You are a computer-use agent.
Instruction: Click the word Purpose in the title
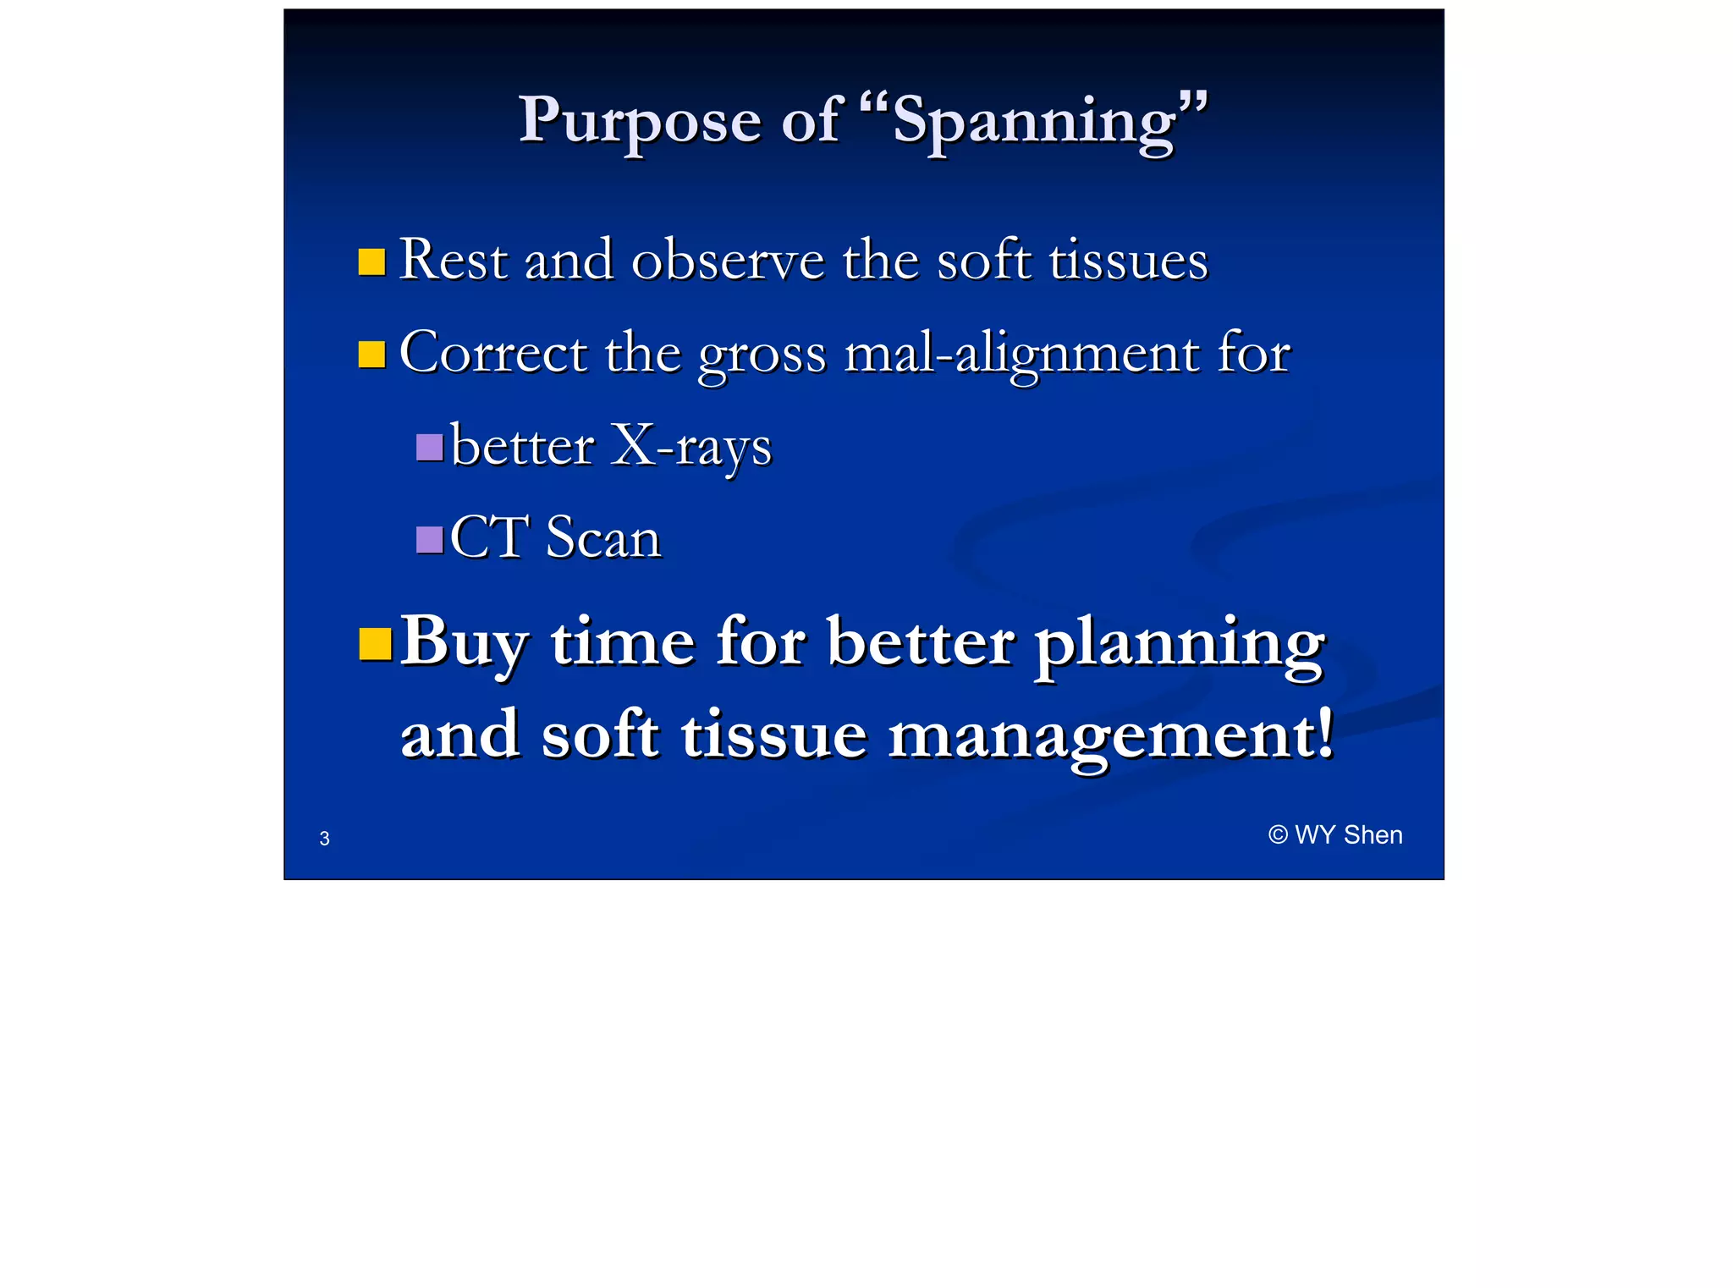coord(639,121)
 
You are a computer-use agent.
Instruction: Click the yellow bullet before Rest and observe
coord(371,261)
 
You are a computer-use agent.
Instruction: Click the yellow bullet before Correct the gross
coord(371,354)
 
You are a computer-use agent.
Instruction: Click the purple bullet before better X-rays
coord(429,447)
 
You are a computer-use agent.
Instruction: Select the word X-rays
coord(690,446)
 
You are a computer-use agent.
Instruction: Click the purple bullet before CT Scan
coord(429,539)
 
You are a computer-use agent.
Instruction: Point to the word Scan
coord(602,538)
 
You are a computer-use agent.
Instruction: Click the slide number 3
coord(324,839)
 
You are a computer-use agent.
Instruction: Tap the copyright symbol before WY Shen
coord(1277,835)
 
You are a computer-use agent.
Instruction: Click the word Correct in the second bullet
coord(492,352)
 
